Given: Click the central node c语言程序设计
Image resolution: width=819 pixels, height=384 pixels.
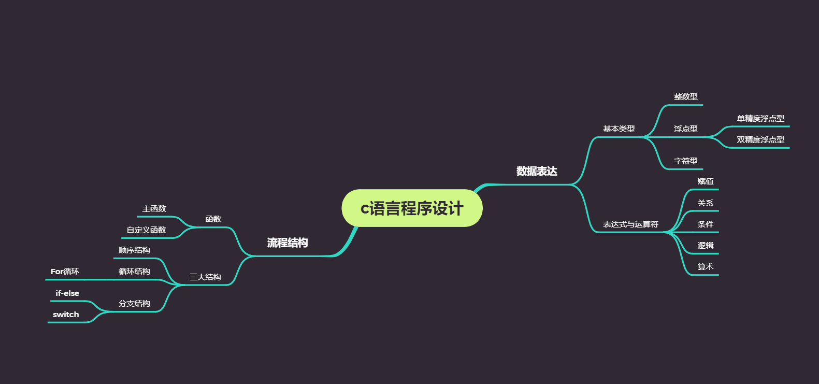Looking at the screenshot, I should click(412, 208).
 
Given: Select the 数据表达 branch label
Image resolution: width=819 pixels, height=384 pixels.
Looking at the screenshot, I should click(537, 172).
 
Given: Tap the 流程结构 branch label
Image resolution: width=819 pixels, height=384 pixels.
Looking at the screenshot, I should click(288, 243).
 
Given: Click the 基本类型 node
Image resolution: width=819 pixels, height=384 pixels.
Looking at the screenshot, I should click(619, 129).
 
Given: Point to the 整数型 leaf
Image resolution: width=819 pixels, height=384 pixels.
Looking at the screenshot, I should click(685, 97).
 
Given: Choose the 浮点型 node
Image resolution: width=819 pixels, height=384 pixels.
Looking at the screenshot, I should click(685, 129).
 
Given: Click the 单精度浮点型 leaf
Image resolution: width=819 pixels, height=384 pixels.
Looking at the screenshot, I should click(760, 119).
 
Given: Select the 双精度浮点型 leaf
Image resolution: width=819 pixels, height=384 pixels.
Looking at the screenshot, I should click(760, 140).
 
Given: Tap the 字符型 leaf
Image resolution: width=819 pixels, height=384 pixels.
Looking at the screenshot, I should click(685, 161).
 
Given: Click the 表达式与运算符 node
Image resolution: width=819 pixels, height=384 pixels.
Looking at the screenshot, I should click(630, 224).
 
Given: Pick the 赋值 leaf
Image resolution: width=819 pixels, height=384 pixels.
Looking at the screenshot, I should click(705, 181).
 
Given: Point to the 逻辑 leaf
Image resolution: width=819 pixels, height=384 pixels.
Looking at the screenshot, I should click(705, 246).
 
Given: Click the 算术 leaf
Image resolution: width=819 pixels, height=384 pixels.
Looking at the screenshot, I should click(705, 267).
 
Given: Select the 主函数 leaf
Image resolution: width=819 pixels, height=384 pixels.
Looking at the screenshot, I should click(154, 209).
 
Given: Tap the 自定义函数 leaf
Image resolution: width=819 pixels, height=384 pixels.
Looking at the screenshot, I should click(146, 230).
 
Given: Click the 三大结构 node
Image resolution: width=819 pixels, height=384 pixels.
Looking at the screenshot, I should click(205, 277).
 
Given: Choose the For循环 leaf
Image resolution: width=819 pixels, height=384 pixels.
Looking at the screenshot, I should click(65, 272).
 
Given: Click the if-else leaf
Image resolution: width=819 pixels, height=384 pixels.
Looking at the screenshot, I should click(67, 293).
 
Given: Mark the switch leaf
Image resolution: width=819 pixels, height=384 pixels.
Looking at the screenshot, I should click(66, 315).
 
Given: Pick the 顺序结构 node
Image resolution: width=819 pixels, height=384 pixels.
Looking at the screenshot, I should click(134, 250).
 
